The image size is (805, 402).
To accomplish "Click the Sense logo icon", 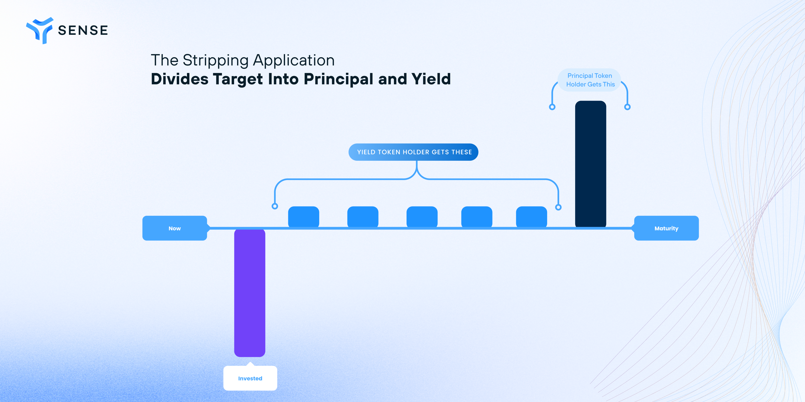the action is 40,30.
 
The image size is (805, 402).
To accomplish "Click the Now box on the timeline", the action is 175,228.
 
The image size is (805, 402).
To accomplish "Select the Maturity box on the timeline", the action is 666,228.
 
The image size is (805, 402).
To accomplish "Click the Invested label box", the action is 250,378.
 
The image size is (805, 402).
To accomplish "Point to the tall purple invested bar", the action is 250,293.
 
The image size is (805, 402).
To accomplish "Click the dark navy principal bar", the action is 591,164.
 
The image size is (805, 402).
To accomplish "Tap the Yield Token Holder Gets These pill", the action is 414,152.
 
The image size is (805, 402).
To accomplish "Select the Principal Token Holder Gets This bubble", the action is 589,80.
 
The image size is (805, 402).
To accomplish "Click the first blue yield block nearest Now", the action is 303,217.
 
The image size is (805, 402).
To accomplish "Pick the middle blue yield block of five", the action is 422,217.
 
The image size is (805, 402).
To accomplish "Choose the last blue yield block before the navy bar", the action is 532,217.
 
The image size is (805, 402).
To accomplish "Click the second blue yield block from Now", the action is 363,217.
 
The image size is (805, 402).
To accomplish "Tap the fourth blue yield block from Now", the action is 477,217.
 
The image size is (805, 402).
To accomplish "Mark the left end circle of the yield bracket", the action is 275,206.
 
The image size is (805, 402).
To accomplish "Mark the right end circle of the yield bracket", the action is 558,207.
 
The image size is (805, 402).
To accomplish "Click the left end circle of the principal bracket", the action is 552,107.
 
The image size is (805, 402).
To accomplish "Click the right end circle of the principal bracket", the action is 627,107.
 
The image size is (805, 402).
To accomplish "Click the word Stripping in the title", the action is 215,60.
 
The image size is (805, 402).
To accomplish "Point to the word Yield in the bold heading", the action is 431,78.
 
